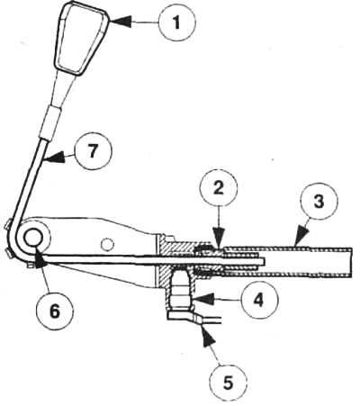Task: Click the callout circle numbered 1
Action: [x=176, y=22]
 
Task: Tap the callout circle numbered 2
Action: [x=219, y=189]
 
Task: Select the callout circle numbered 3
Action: [x=319, y=202]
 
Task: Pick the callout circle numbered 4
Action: [x=259, y=300]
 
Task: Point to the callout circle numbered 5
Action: [x=229, y=383]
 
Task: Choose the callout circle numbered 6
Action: [x=55, y=311]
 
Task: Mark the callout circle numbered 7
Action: [x=93, y=151]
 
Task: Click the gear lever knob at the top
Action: [x=81, y=38]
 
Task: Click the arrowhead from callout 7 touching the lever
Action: [x=55, y=158]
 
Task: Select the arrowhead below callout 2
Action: [x=219, y=240]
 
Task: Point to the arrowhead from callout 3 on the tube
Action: [x=301, y=237]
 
